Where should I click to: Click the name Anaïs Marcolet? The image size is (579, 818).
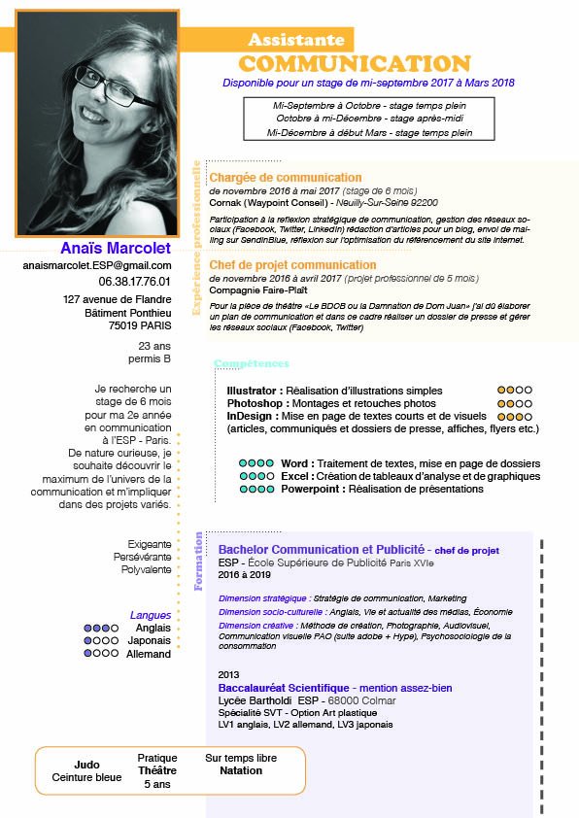click(x=115, y=247)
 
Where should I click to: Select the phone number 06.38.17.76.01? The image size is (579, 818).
click(x=135, y=281)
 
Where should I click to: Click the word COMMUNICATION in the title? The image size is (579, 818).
click(x=355, y=64)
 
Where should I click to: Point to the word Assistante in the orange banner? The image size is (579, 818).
click(x=296, y=40)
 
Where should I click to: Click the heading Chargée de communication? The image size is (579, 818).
click(x=286, y=178)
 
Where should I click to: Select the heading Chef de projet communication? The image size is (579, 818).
click(x=292, y=264)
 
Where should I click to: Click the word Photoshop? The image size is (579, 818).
click(x=255, y=403)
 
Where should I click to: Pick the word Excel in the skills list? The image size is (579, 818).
click(x=295, y=476)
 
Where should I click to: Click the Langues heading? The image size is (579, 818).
click(x=151, y=615)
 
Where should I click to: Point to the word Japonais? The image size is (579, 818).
click(x=148, y=641)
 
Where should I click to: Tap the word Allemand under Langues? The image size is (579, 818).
click(x=149, y=654)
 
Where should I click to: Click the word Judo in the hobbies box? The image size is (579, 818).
click(x=86, y=765)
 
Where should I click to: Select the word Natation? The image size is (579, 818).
click(x=241, y=770)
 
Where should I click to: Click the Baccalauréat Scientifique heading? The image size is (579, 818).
click(x=282, y=688)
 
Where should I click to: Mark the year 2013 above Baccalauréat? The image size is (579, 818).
click(x=229, y=674)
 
